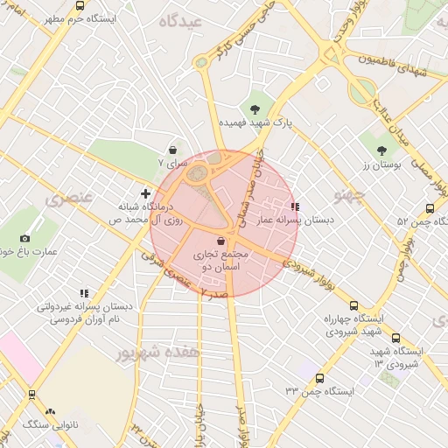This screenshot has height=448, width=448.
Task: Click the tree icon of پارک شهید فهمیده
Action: [255, 109]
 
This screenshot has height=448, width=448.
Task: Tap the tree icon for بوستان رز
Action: [381, 150]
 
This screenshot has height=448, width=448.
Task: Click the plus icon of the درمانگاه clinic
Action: [146, 192]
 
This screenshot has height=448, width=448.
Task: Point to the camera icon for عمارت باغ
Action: [24, 238]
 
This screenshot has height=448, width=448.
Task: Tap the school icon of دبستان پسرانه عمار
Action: [294, 207]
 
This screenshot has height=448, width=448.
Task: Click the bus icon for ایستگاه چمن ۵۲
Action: [429, 208]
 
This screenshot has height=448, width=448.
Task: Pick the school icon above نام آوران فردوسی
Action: [83, 293]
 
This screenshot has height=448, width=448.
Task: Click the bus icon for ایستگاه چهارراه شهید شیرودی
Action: [353, 306]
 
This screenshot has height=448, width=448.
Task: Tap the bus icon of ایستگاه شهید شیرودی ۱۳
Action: [395, 338]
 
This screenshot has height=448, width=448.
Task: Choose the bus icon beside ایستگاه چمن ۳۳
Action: [318, 379]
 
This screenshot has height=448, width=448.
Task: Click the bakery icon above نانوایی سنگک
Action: [50, 410]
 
